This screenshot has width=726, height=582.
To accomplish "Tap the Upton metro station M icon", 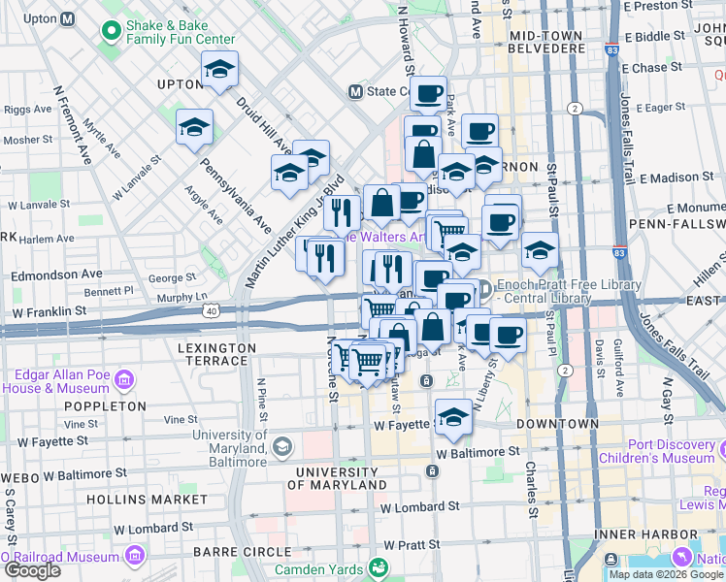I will (x=68, y=18).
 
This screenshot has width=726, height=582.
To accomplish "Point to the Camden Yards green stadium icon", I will (x=380, y=567).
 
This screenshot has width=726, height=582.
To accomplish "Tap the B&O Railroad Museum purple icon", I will (x=135, y=556).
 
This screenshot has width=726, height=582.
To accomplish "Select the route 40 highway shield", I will (x=211, y=310).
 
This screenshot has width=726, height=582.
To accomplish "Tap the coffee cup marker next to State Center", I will (x=427, y=94).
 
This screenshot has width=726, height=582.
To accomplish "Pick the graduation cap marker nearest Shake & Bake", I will (x=220, y=70).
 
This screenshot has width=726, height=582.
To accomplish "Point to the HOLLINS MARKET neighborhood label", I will (x=147, y=499).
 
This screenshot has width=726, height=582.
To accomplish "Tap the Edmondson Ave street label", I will (x=56, y=275).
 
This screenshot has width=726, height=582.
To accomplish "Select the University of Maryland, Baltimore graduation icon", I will (x=281, y=446).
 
